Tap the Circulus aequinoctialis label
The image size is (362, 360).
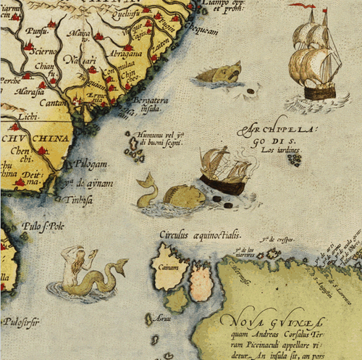point(200,235)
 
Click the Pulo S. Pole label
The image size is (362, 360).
point(43,226)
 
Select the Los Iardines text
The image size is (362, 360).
point(280,150)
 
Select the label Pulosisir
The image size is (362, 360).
point(21,317)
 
